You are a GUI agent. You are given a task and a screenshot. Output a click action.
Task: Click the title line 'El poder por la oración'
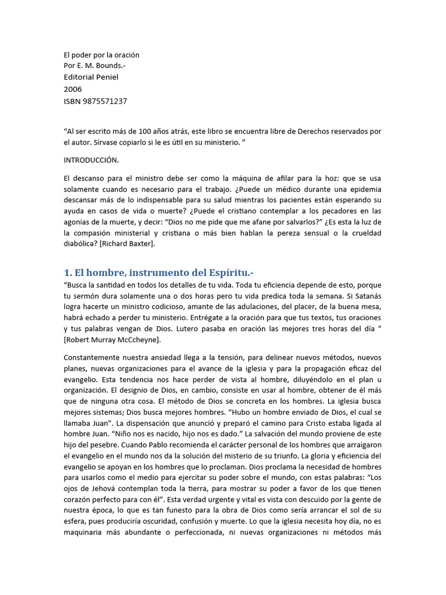point(102,55)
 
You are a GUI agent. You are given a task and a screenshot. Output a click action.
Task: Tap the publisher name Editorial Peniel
point(91,77)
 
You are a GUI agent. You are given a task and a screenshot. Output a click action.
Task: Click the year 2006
point(73,89)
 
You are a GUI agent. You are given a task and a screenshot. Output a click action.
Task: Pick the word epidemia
point(364,189)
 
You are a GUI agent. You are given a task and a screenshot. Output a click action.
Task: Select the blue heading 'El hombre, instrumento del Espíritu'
point(159,273)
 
